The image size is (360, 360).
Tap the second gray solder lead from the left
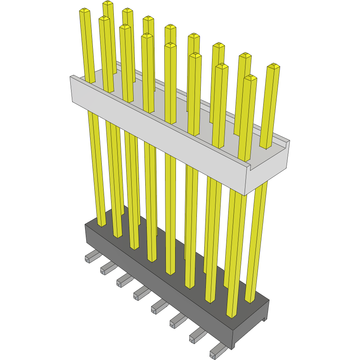click(x=107, y=267)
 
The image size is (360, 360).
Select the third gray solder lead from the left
click(x=123, y=280)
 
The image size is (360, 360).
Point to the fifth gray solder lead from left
click(x=158, y=306)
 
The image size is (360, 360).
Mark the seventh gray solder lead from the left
click(x=197, y=335)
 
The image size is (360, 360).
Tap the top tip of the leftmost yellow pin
click(x=84, y=11)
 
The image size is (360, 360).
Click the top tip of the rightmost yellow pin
click(x=274, y=66)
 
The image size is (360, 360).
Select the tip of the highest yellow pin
click(x=108, y=3)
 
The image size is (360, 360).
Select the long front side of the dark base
click(x=155, y=280)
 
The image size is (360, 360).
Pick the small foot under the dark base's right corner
click(x=265, y=319)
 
